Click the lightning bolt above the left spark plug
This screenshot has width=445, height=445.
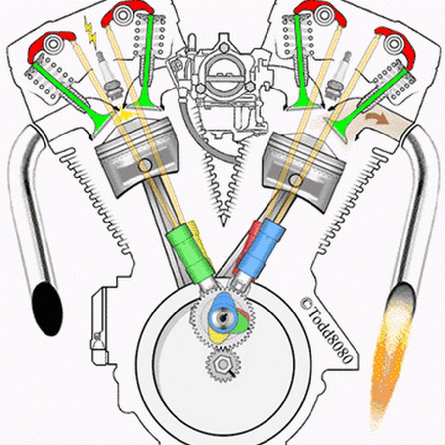point(91,31)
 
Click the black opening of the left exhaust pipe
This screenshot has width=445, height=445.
point(47,309)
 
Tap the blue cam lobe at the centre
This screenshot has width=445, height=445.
point(221,311)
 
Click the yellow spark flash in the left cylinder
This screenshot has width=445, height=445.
point(125,116)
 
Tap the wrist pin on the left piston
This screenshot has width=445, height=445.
point(144,165)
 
